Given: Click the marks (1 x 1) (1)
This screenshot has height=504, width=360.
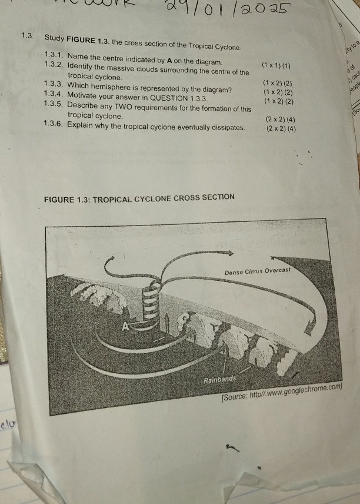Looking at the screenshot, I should (277, 64).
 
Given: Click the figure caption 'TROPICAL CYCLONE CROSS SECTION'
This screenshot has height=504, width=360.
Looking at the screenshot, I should (167, 197).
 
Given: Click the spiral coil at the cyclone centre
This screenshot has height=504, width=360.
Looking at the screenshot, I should (151, 303).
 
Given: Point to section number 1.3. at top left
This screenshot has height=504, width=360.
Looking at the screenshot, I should (28, 36).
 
